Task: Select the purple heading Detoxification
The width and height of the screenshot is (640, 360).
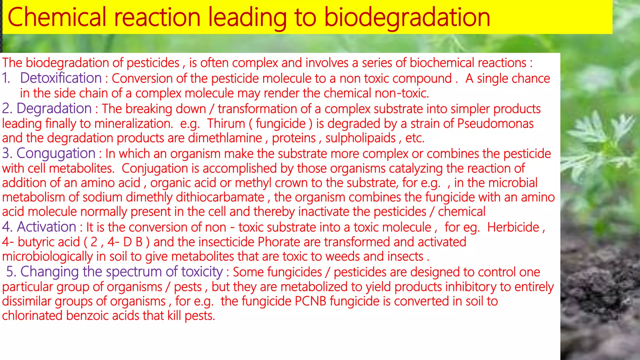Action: [x=61, y=78]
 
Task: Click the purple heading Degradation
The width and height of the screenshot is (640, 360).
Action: [x=54, y=108]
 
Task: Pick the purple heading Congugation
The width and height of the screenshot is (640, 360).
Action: [x=56, y=153]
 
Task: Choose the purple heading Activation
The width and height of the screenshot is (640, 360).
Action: [x=47, y=227]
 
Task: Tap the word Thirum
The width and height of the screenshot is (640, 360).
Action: [x=226, y=123]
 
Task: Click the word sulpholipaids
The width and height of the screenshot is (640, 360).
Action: [x=360, y=138]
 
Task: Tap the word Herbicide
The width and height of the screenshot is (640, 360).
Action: [x=513, y=227]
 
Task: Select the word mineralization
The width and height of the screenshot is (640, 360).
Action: [x=133, y=123]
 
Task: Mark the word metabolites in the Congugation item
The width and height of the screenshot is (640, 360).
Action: [x=81, y=168]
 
